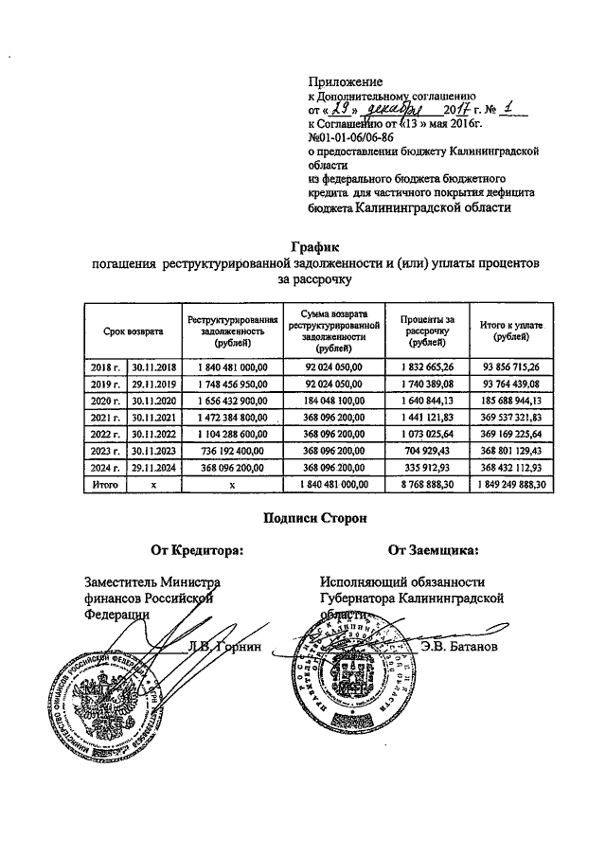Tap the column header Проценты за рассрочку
tap(427, 331)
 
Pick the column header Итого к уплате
tap(510, 331)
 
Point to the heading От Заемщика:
tap(433, 549)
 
